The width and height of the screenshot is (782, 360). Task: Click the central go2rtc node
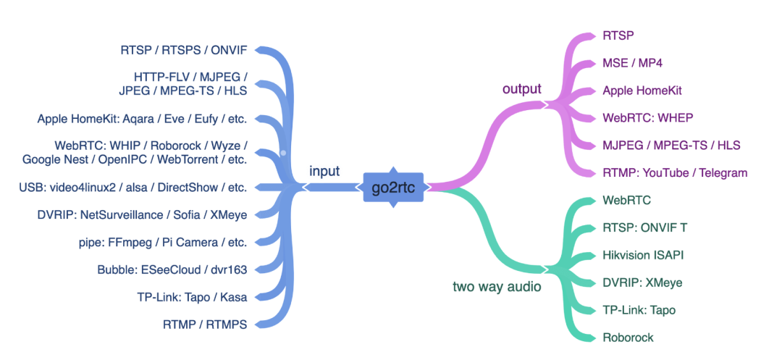tap(394, 188)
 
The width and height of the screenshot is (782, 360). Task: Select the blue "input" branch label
tap(324, 172)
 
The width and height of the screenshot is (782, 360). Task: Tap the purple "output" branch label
tap(521, 89)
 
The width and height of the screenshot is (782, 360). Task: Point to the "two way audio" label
tap(497, 287)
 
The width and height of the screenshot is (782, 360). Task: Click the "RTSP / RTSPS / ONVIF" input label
tap(184, 51)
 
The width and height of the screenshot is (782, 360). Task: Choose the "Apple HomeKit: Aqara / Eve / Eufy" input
tap(142, 119)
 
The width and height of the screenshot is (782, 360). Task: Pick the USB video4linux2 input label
tap(133, 187)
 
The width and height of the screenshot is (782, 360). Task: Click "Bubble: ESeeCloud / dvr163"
tap(172, 269)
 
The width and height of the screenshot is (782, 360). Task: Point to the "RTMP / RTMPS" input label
tap(205, 325)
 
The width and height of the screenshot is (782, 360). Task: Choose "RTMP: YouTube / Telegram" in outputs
tap(675, 173)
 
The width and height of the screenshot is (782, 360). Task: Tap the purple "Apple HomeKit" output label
tap(642, 91)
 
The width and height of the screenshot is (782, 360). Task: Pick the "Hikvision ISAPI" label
tap(643, 255)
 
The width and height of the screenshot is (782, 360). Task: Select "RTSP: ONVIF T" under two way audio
tap(645, 227)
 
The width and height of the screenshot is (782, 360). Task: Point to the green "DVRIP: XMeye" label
tap(642, 282)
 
